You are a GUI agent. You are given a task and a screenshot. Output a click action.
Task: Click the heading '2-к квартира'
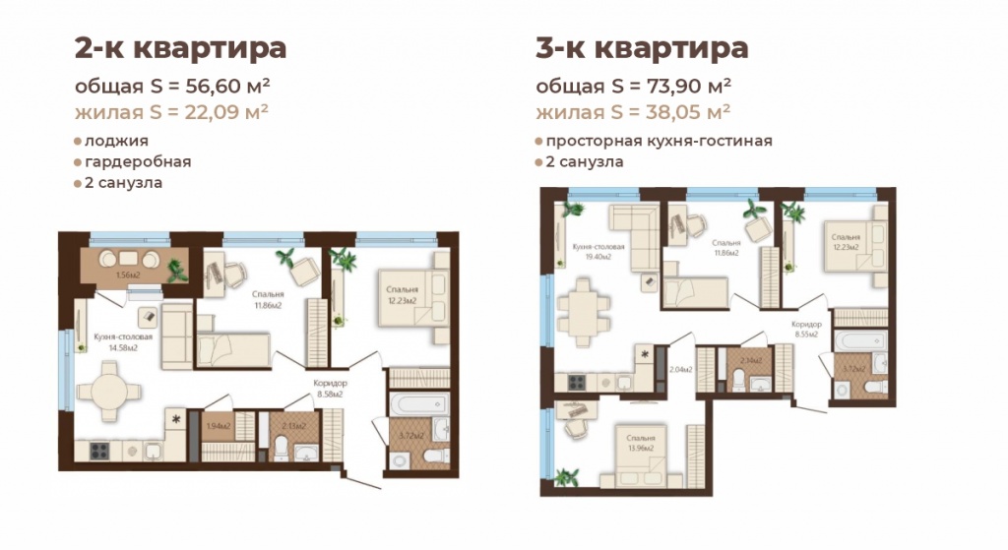tap(180, 47)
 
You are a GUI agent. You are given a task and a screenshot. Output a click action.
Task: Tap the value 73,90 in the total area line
tap(660, 85)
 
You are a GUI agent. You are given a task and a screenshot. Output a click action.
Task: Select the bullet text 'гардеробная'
tap(138, 161)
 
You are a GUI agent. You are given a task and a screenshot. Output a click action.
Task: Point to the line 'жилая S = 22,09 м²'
tap(172, 110)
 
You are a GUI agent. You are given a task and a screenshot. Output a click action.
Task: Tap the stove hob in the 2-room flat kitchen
tap(101, 450)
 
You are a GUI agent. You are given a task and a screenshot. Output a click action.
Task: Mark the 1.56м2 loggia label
tap(125, 275)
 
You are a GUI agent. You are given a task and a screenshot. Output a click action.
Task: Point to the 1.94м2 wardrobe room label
tap(218, 426)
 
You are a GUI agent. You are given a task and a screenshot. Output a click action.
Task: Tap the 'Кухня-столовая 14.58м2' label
tap(123, 339)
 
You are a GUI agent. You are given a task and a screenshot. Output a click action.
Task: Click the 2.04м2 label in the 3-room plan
tap(680, 370)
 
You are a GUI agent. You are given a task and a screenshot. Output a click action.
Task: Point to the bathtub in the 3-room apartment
tap(861, 341)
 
